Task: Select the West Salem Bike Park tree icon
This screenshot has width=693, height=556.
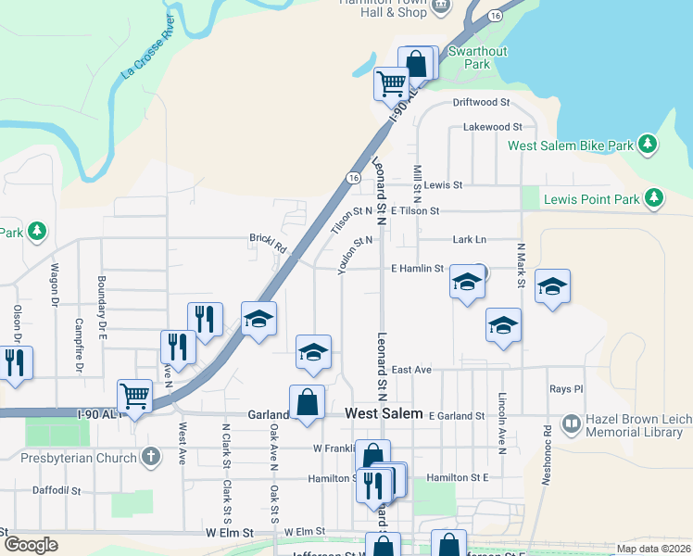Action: pos(649,145)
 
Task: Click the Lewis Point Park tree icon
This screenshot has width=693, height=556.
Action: pos(654,198)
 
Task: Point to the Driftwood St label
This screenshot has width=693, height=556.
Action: pos(481,102)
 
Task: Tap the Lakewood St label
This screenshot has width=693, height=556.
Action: pos(492,126)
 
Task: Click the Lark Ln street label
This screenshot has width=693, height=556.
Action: pos(469,239)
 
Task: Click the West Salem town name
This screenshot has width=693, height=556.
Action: pos(384,413)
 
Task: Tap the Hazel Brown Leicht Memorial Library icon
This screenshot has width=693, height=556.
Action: pos(571,424)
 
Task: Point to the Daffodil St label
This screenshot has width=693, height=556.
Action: pos(57,490)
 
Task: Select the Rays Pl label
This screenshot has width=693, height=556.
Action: pos(565,389)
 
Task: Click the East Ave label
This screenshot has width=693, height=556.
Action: pos(411,369)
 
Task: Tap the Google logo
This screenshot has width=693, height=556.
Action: pos(31,545)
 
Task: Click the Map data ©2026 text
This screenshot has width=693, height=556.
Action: pos(653,549)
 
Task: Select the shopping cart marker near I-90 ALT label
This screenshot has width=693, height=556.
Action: pos(135,396)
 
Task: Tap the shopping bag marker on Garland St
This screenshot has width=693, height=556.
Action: pos(307,402)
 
